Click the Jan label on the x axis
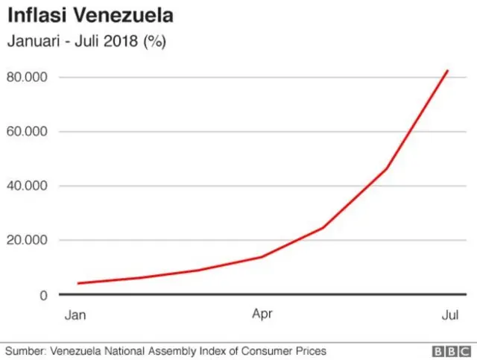click(75, 315)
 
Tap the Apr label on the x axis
click(262, 315)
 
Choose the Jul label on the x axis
click(449, 315)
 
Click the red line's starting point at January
click(78, 283)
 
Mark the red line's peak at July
click(448, 70)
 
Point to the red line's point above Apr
click(262, 256)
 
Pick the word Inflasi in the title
click(35, 16)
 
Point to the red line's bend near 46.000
click(386, 168)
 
